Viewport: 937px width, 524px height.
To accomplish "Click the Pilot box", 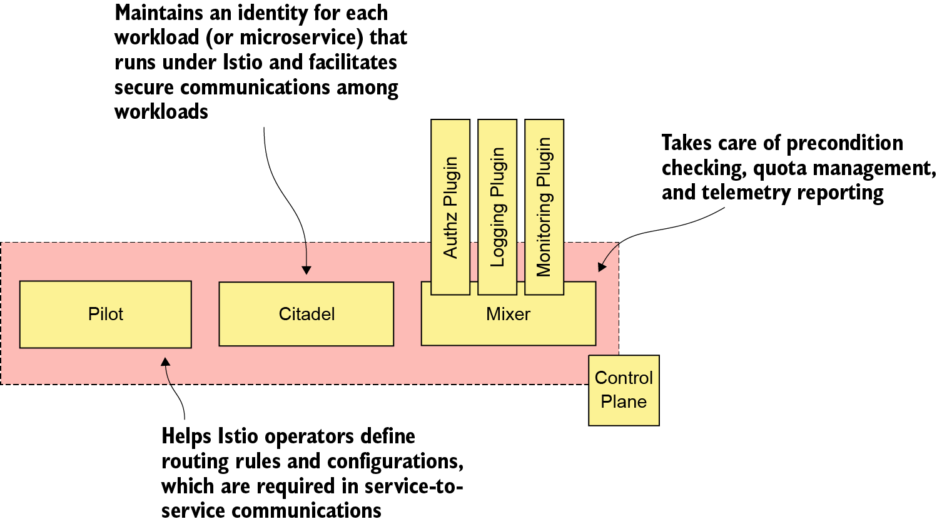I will click(x=105, y=314).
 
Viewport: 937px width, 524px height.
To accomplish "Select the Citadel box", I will click(x=306, y=314).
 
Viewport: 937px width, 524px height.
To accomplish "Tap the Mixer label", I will click(x=508, y=315).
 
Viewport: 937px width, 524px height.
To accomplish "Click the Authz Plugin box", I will click(x=450, y=207).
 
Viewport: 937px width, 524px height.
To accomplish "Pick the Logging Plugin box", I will click(x=497, y=207).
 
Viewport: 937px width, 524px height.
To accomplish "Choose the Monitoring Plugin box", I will click(x=544, y=207).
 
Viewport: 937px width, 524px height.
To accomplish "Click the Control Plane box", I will click(x=624, y=390).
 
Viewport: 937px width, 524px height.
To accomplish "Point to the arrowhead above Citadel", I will click(x=306, y=270).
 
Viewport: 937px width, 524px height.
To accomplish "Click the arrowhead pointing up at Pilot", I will click(x=165, y=362).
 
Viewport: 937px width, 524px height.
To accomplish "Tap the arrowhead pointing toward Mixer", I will click(x=601, y=267).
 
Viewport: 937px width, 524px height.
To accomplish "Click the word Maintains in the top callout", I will click(x=160, y=13).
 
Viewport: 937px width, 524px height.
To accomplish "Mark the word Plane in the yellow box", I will click(x=624, y=402).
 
